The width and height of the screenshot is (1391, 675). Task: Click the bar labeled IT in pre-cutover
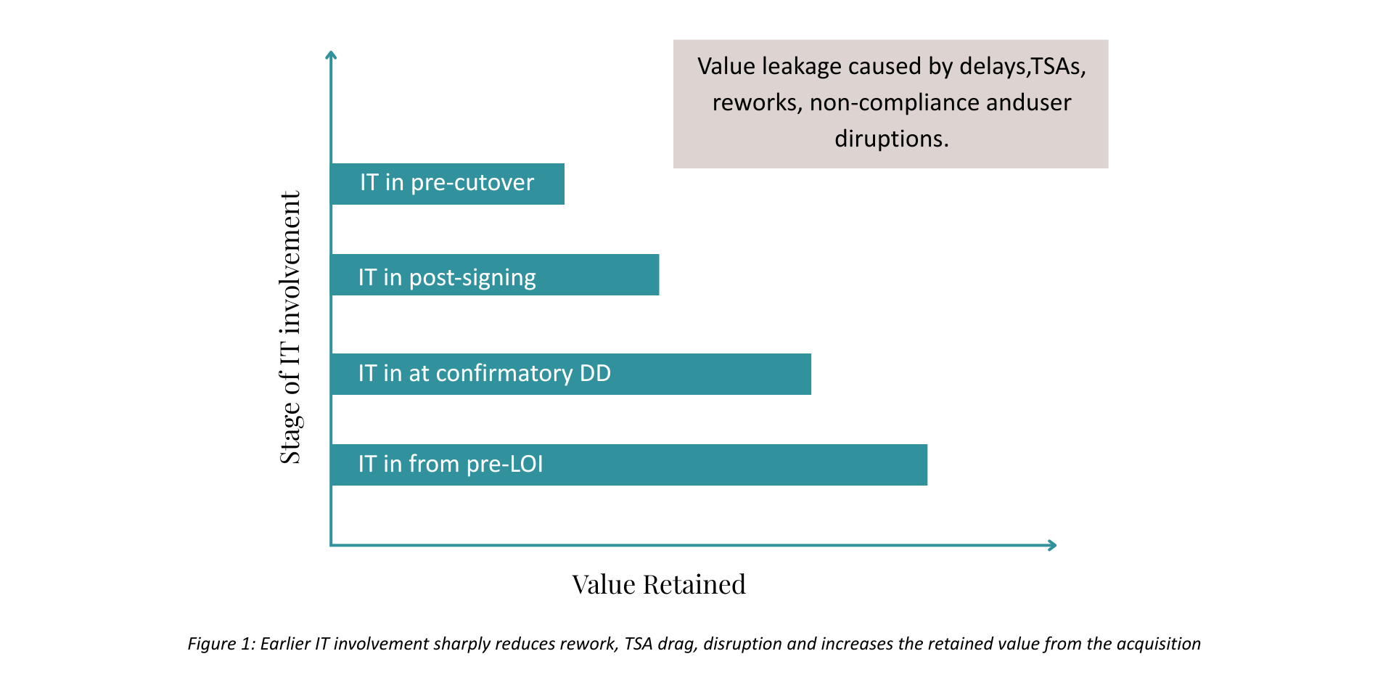448,184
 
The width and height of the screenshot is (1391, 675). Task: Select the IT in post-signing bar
495,274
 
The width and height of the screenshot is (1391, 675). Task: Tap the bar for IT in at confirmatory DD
571,374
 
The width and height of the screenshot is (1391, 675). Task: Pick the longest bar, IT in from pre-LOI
629,465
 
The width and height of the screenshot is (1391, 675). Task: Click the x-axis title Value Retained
659,584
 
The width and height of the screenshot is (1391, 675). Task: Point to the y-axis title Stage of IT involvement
290,327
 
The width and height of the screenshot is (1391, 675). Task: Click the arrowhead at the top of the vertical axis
331,54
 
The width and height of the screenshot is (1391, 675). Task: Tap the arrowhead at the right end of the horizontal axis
1052,545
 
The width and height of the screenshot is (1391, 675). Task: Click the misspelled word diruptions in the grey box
891,139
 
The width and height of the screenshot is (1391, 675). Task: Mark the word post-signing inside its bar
472,279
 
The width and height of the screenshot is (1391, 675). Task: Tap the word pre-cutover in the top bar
472,184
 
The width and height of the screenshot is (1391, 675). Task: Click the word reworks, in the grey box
758,103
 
